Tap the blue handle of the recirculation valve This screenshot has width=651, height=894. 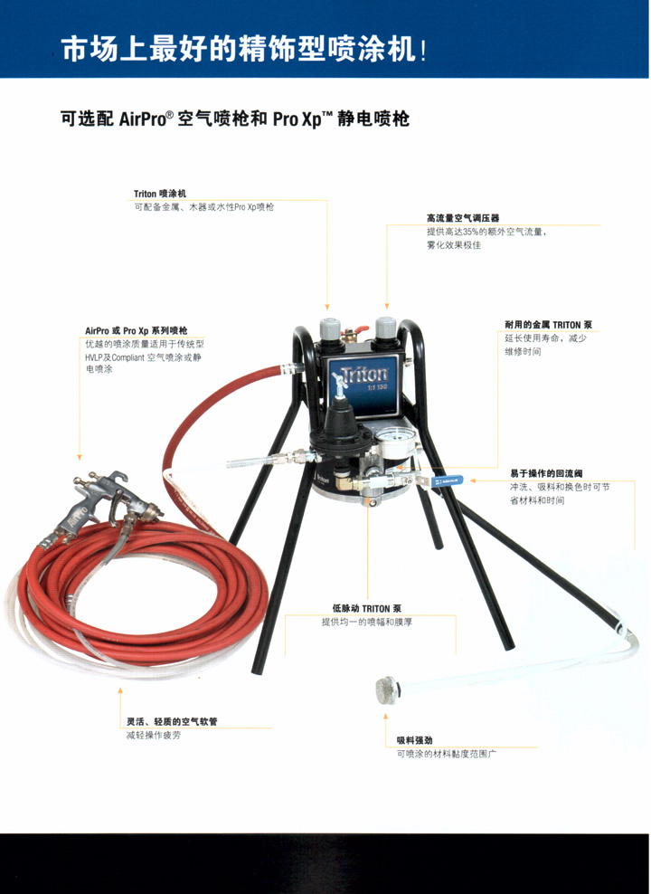click(x=446, y=480)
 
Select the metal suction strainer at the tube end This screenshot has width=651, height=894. click(x=387, y=690)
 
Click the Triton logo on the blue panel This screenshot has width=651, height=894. click(x=364, y=375)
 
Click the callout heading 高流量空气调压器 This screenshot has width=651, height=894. click(x=463, y=218)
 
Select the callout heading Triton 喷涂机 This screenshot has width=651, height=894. click(x=160, y=194)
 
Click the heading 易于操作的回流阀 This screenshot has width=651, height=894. click(x=546, y=473)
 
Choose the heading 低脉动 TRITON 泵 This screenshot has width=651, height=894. click(x=367, y=608)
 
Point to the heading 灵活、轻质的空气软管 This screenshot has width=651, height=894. click(x=172, y=721)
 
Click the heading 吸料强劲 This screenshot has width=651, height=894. click(x=415, y=740)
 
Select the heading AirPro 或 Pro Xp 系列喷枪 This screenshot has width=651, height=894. click(x=137, y=330)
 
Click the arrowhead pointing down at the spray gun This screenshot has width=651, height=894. click(x=80, y=457)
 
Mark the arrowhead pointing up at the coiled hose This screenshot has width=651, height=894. click(x=120, y=690)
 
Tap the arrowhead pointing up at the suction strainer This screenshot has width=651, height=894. click(x=386, y=716)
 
